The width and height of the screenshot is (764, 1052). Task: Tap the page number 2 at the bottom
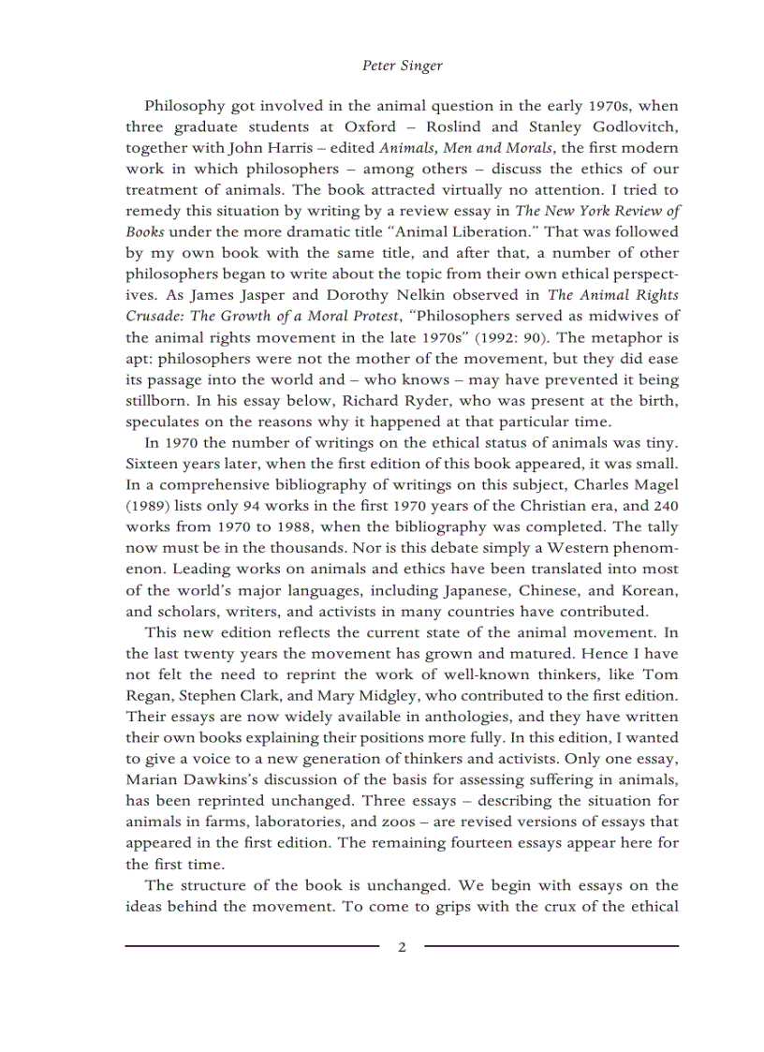402,946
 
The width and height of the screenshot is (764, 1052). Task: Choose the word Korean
649,590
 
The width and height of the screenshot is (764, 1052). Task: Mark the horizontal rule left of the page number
252,946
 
